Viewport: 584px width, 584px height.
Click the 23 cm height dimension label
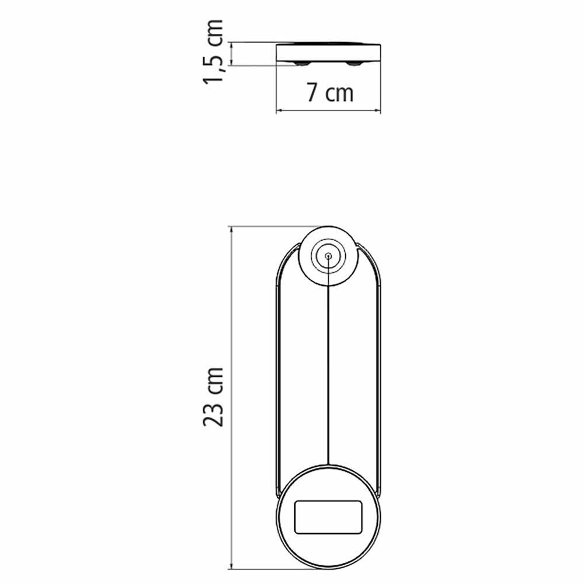(x=214, y=397)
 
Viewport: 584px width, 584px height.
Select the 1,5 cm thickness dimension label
(x=214, y=51)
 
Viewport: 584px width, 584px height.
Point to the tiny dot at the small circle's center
(x=328, y=256)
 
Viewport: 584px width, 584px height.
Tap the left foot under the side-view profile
(x=303, y=62)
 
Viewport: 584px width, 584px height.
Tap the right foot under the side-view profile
(x=354, y=62)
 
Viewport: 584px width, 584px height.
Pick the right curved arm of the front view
(x=380, y=374)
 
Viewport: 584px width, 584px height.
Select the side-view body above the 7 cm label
(x=328, y=53)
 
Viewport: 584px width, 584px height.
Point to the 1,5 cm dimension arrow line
(x=233, y=53)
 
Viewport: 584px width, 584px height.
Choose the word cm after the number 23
(x=214, y=380)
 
